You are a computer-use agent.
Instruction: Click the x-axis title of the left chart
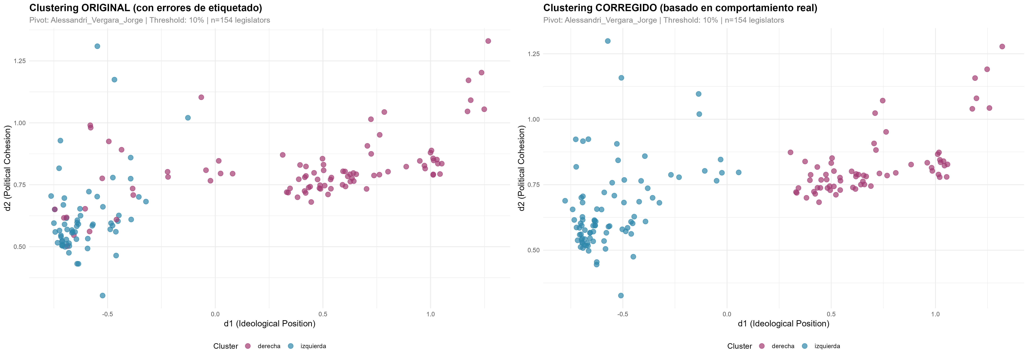click(269, 324)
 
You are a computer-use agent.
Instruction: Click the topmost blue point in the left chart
click(97, 46)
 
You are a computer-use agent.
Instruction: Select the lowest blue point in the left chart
click(103, 295)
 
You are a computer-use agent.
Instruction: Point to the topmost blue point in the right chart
click(607, 41)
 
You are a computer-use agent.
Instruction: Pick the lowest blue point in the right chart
click(621, 295)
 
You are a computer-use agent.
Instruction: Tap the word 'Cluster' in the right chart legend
click(739, 346)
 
